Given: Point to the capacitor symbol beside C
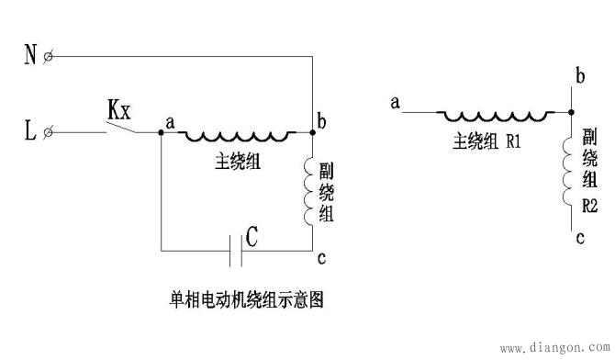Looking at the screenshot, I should click(236, 249).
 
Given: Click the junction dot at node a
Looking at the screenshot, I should click(162, 133).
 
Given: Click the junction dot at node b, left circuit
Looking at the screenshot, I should click(313, 133).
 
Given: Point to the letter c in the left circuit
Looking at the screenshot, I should click(320, 259).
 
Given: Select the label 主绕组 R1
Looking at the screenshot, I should click(486, 142).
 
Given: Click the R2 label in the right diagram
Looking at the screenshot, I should click(591, 208).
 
